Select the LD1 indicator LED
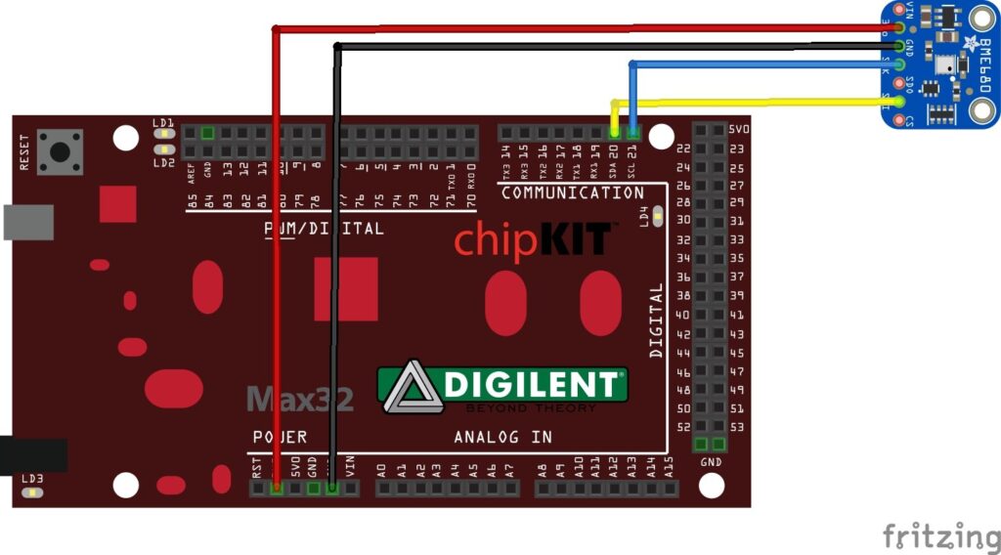[x=162, y=133]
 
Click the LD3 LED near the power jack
[x=32, y=493]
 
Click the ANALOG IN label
[x=502, y=438]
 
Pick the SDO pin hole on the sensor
[x=898, y=82]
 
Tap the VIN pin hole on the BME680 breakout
[x=898, y=12]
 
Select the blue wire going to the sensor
[x=753, y=64]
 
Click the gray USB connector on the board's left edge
[x=20, y=222]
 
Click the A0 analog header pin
[x=382, y=488]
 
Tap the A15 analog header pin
[x=670, y=488]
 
